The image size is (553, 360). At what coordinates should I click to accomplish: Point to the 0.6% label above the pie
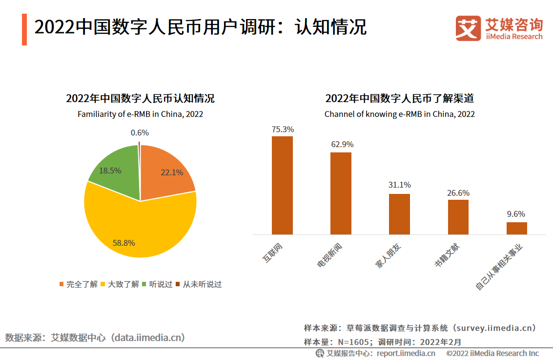[140, 132]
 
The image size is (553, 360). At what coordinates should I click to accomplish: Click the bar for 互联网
[282, 186]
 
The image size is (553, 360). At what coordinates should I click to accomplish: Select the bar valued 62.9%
[341, 193]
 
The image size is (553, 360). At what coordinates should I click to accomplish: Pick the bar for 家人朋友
[399, 214]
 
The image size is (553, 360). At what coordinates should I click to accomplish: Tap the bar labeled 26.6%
[458, 217]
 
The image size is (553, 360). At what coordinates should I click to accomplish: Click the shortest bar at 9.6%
[516, 228]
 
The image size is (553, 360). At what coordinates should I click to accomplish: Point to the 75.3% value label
[283, 129]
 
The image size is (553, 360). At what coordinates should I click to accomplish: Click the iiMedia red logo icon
[468, 28]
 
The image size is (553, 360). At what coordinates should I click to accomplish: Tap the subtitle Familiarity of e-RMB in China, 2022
[140, 114]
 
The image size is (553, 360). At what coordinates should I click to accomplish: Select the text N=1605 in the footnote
[353, 342]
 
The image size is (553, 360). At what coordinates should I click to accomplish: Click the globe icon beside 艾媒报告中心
[320, 353]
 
